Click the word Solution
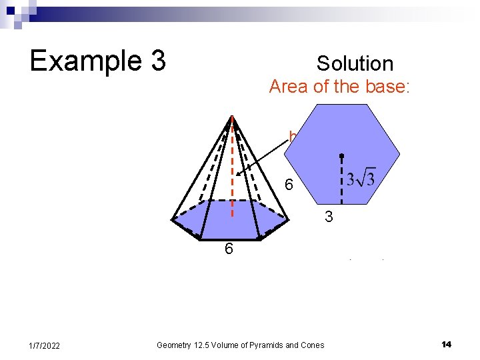pos(355,64)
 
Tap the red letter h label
pos(292,137)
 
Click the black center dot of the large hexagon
pos(341,155)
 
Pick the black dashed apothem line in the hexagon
pos(341,180)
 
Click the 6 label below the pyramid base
pos(229,249)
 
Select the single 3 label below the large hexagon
pos(328,217)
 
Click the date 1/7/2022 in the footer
pos(44,345)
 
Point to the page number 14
pos(446,344)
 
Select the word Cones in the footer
pos(311,345)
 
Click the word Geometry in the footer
pos(173,345)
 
